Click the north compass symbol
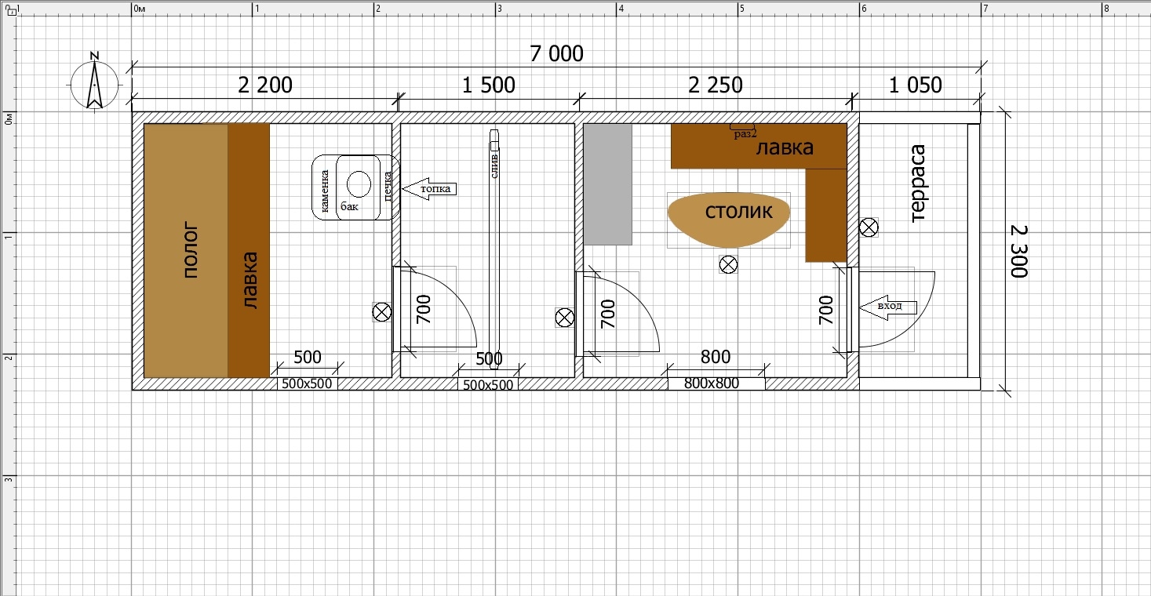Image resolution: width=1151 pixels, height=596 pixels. pos(94,82)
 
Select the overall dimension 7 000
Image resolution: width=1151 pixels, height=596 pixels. pos(556,53)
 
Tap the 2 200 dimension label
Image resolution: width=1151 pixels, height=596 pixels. pos(265,85)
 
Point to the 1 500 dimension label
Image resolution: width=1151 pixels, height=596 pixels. pos(488,85)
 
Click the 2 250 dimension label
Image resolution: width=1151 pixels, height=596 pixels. pos(716,85)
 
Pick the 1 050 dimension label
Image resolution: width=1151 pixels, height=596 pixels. pos(915,85)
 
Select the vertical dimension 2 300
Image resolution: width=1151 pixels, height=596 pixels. pos(1019,251)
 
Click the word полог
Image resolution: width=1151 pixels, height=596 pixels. pos(191,249)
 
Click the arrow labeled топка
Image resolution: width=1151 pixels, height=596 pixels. pos(429,188)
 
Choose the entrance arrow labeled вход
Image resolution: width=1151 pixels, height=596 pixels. pos(888,307)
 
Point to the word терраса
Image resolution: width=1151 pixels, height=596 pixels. pos(918,184)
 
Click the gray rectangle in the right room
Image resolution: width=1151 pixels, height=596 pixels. pos(608,184)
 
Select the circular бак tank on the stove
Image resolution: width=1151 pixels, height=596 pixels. pos(359,184)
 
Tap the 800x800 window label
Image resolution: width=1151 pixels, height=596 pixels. pos(712,383)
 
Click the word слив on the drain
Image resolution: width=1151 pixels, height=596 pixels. pos(494,166)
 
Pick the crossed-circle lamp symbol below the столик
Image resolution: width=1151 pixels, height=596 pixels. pos(728,264)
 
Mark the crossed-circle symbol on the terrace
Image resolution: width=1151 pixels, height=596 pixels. pos(869,227)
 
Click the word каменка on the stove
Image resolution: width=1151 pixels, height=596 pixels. pos(325,191)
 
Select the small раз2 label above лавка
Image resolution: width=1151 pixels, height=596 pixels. pos(745,134)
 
